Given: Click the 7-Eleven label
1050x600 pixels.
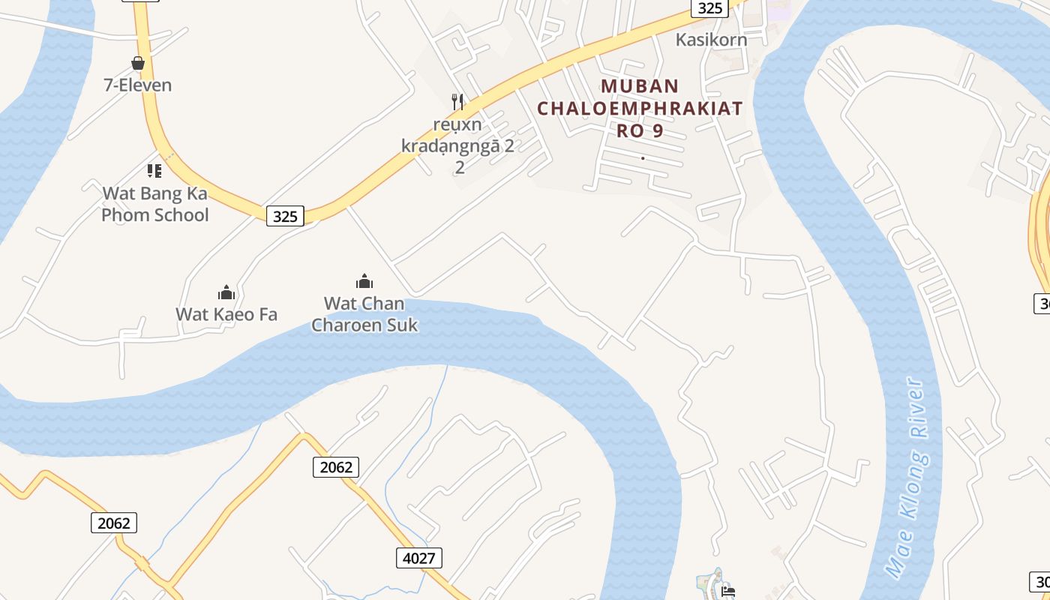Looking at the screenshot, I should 137,85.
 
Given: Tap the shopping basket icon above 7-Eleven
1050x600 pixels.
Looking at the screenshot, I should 138,63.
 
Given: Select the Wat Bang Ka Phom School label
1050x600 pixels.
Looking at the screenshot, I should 154,204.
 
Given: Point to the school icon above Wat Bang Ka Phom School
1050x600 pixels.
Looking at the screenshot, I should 154,171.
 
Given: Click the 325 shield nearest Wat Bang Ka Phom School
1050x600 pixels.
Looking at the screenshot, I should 285,217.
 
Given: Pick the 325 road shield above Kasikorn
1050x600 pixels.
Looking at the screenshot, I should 709,7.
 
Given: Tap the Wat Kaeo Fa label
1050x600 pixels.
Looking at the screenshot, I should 226,313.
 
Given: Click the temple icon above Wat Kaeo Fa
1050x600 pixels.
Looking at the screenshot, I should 226,292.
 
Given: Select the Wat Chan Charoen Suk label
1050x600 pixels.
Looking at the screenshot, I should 364,314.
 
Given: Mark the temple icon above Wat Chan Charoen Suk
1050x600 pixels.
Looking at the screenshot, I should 364,281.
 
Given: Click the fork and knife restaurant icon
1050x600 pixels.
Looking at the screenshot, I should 457,101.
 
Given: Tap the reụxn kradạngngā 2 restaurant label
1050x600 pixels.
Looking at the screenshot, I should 457,134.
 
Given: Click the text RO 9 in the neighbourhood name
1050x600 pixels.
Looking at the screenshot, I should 640,130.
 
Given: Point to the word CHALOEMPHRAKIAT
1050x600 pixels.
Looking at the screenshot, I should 640,108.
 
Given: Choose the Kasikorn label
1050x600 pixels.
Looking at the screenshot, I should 711,40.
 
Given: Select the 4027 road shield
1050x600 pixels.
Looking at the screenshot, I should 419,557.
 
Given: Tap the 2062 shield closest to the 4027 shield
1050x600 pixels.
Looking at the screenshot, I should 335,467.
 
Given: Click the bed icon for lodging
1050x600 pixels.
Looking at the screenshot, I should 727,591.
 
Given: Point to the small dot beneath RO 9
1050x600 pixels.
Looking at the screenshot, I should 643,157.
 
